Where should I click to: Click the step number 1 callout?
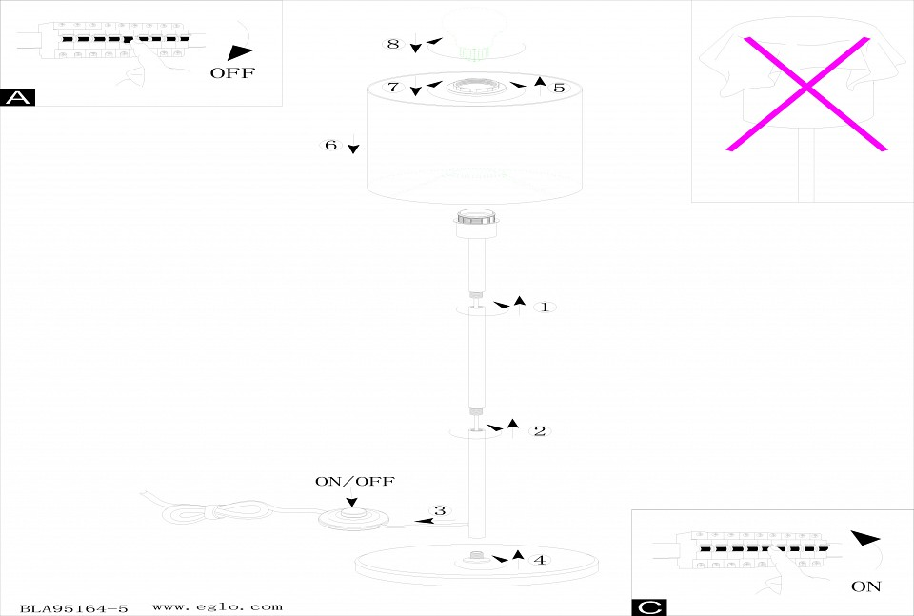pos(544,308)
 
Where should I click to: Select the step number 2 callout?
pos(539,431)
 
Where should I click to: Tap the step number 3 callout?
pos(439,511)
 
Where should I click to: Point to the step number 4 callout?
pos(539,560)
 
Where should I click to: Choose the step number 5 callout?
pos(559,88)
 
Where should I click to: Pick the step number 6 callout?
pos(330,145)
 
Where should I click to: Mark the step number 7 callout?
pos(392,87)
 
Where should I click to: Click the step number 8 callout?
pos(392,44)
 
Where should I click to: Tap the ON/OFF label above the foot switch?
pos(354,482)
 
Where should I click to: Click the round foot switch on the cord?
pos(353,518)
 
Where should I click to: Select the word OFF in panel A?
pos(232,73)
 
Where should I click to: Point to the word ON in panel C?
pos(865,586)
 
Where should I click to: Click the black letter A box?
pos(19,97)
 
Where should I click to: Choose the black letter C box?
pos(648,607)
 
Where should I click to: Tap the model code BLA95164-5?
pos(73,606)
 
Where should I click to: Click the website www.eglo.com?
pos(217,606)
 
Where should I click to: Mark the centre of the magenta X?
pos(806,89)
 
